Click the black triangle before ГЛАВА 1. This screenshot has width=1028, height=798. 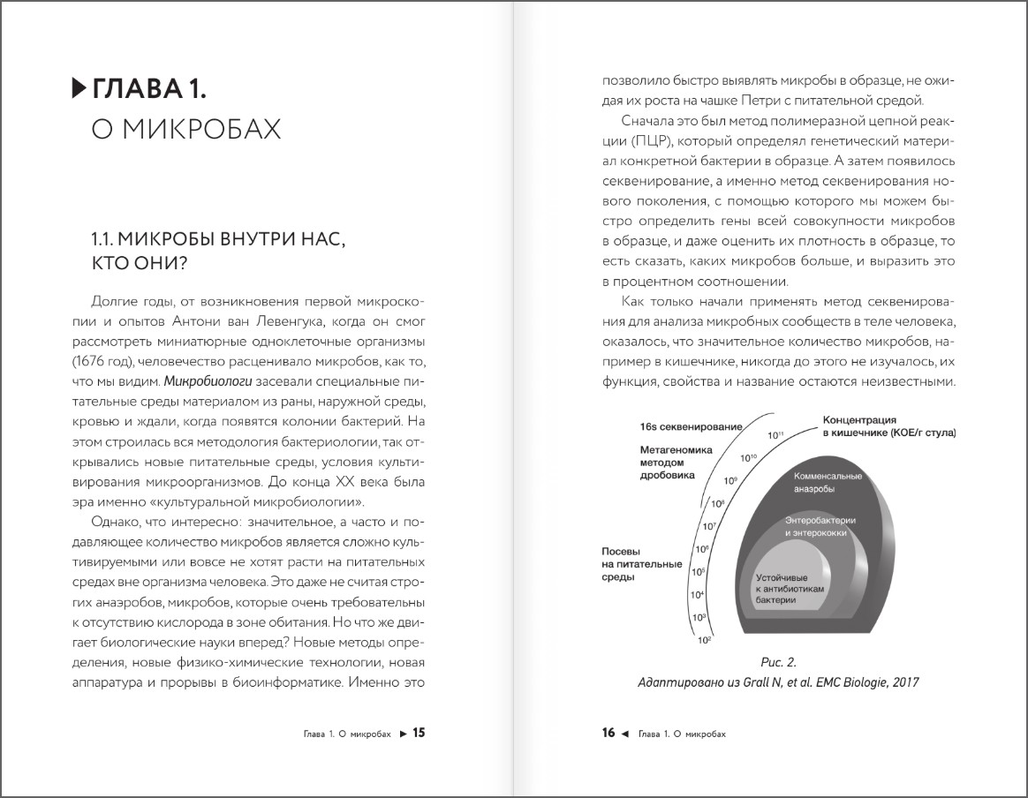79,88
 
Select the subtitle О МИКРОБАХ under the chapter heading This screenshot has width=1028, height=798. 186,130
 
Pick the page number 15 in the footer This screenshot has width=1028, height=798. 420,732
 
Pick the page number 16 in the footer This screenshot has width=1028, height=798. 608,732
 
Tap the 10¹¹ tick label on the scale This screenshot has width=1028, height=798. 775,435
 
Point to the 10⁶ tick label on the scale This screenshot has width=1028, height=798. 701,550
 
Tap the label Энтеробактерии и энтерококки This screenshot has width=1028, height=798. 820,527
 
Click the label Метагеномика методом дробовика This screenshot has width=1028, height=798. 668,462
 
